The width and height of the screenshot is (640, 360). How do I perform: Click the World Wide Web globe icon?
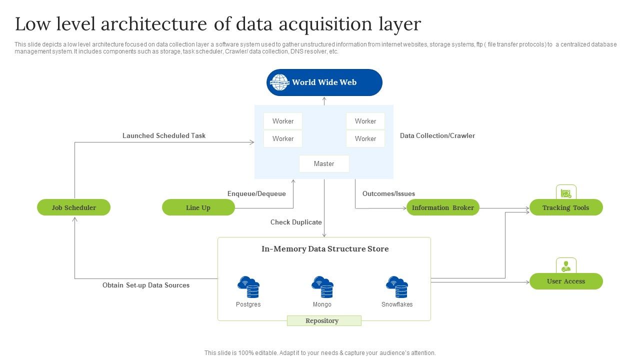(x=280, y=82)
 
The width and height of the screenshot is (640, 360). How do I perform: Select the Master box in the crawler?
(x=324, y=163)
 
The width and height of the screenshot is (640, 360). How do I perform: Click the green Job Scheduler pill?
(x=73, y=207)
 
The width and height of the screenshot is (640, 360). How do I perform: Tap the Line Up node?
(x=198, y=207)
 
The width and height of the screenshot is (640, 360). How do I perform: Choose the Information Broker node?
(x=442, y=207)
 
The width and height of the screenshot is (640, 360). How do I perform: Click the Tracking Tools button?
(x=565, y=207)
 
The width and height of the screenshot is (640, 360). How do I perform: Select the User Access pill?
(x=565, y=281)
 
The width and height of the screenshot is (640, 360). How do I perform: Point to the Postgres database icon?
(x=248, y=287)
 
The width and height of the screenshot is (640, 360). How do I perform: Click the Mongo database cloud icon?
(x=322, y=287)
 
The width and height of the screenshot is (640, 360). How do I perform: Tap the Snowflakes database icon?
(x=397, y=287)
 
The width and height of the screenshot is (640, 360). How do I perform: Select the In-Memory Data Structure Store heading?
(x=325, y=249)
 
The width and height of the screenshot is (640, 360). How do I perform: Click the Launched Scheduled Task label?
(x=164, y=135)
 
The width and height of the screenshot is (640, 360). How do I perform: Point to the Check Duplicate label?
(x=296, y=222)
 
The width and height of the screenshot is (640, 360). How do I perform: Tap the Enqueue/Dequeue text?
(x=256, y=193)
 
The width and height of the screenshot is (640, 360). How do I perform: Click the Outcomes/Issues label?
(x=388, y=193)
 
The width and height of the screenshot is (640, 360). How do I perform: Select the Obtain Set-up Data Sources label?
(x=146, y=285)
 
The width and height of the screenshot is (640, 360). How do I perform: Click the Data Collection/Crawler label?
(x=437, y=135)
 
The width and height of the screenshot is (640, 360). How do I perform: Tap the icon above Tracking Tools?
(x=566, y=192)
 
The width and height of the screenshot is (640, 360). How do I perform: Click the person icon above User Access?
(x=566, y=265)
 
